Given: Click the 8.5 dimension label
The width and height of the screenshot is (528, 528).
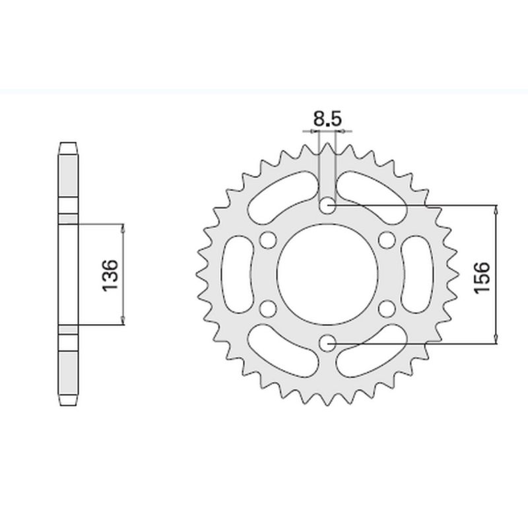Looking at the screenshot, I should [x=327, y=119].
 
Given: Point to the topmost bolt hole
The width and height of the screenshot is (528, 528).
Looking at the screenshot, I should [x=327, y=207].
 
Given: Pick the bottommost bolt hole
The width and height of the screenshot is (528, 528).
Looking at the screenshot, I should [x=327, y=343].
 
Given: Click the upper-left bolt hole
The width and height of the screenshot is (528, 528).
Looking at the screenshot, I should [x=268, y=240].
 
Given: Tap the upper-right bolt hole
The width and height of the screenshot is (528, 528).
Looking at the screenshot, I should [x=387, y=240].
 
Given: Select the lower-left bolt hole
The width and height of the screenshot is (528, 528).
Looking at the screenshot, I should [x=268, y=309].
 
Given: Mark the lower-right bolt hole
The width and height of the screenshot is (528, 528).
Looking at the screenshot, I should [x=387, y=309].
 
